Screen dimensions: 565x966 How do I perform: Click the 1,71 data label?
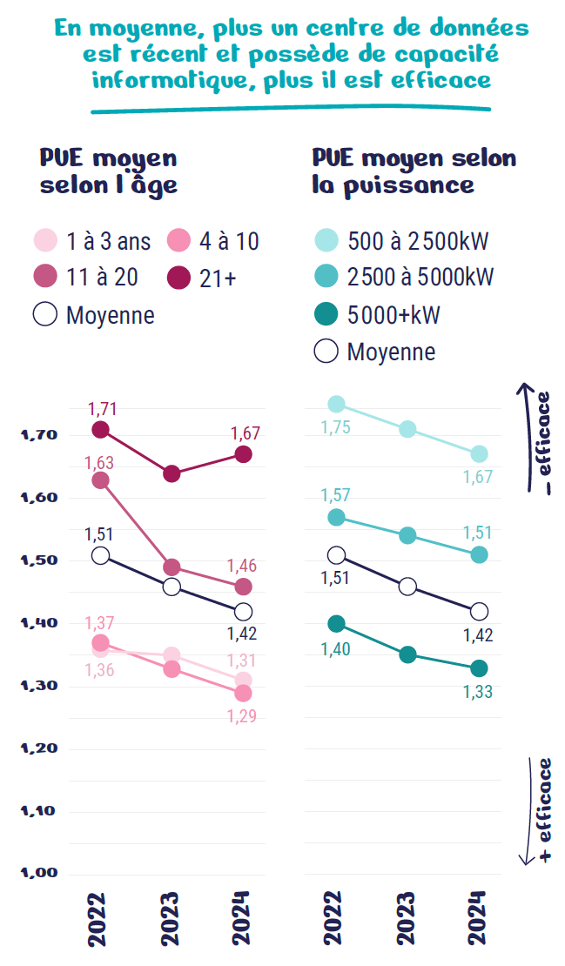102,409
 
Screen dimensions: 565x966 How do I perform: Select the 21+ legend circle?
178,278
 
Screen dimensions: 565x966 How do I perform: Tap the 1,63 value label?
99,463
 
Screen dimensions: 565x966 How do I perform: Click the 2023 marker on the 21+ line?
172,473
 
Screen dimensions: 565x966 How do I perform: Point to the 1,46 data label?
241,566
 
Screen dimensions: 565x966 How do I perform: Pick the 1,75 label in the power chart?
336,427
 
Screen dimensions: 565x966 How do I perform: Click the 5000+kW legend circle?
326,314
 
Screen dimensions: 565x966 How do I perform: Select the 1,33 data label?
478,692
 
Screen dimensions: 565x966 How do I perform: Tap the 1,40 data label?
336,648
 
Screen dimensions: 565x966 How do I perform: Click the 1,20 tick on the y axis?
39,748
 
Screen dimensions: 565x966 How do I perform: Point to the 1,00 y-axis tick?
39,873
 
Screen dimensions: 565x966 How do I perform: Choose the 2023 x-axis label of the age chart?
170,918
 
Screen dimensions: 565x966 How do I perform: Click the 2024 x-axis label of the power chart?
478,918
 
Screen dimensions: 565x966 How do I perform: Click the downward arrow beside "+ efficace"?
529,811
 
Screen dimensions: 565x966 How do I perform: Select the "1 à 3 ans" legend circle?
45,240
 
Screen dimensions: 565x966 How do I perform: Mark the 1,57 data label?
336,494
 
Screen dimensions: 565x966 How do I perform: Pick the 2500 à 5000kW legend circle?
326,276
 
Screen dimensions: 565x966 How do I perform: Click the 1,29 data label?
241,716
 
